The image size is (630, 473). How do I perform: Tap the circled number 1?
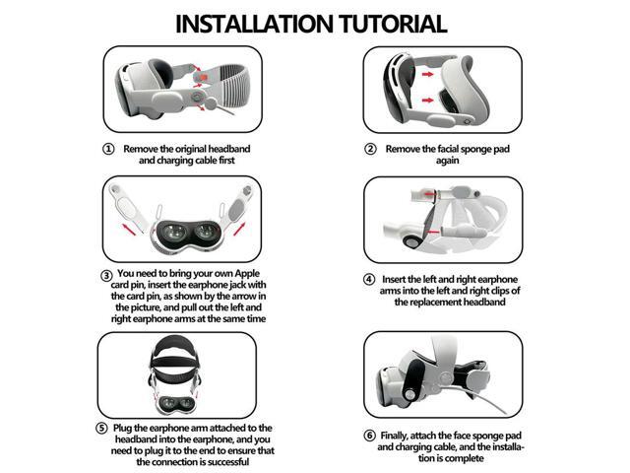click(x=108, y=149)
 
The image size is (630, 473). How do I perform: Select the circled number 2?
click(x=370, y=149)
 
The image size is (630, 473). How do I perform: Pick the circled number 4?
click(x=369, y=279)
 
